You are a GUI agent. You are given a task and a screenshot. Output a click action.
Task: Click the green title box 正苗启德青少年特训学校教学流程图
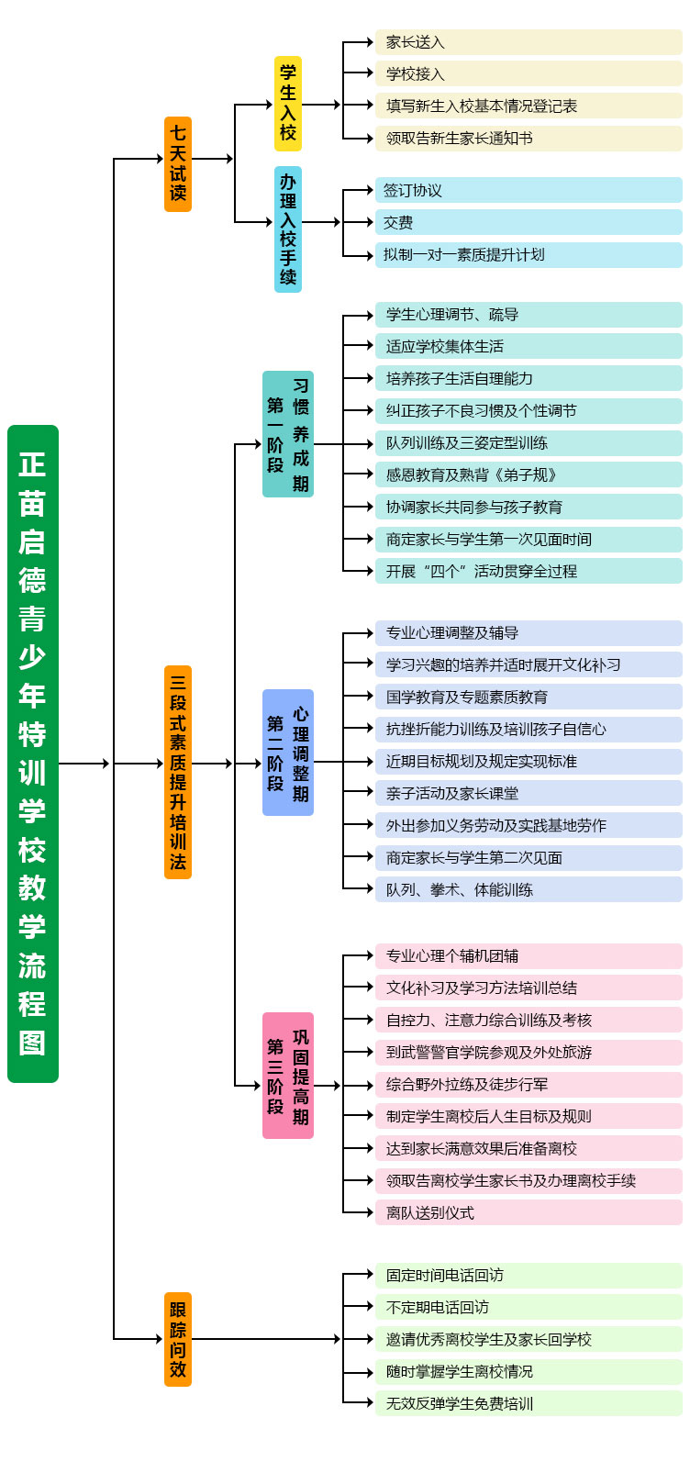tap(33, 753)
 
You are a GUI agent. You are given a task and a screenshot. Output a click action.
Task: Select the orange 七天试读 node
tap(178, 164)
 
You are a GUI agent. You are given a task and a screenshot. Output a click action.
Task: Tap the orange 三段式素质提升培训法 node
tap(178, 772)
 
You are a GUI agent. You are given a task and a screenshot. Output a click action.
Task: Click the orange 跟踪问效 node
tap(178, 1339)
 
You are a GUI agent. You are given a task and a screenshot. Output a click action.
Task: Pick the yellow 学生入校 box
tap(288, 104)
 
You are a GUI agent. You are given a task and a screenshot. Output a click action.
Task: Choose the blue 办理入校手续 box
tap(288, 229)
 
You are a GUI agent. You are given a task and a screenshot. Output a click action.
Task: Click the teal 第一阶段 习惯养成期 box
tap(288, 434)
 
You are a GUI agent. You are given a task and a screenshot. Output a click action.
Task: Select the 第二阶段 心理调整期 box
tap(288, 753)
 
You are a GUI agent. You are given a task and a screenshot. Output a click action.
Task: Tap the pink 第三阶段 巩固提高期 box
tap(288, 1076)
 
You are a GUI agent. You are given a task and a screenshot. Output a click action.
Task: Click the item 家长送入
tap(528, 42)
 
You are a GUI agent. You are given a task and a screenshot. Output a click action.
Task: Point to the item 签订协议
tap(528, 191)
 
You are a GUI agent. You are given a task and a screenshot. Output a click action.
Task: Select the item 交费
tap(528, 223)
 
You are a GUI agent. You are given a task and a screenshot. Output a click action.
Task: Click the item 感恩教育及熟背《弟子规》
tap(528, 474)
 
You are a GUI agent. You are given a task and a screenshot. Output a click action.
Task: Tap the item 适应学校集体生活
tap(528, 346)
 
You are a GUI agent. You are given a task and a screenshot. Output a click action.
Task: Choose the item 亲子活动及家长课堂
tap(528, 793)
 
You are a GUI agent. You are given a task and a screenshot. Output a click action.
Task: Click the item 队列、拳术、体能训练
tap(528, 889)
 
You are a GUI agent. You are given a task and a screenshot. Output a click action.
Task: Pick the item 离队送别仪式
tap(528, 1212)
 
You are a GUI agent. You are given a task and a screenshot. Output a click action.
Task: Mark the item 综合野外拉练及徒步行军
tap(528, 1084)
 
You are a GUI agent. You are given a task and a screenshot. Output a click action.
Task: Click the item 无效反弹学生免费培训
tap(528, 1403)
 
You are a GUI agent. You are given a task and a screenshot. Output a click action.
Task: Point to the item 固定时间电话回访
tap(528, 1275)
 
